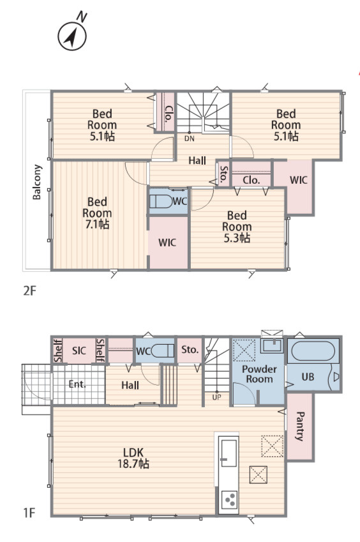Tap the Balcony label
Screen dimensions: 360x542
click(x=37, y=182)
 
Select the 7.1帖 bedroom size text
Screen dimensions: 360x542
click(x=98, y=225)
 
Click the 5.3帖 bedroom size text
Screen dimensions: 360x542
click(x=237, y=238)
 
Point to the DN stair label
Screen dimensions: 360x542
click(x=190, y=139)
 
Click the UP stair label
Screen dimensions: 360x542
click(x=216, y=398)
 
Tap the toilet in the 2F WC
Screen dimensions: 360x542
click(x=161, y=201)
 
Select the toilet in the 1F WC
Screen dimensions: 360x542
click(x=163, y=351)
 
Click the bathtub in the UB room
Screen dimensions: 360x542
click(x=313, y=351)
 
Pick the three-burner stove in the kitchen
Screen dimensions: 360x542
click(x=229, y=500)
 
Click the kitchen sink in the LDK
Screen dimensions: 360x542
click(x=229, y=453)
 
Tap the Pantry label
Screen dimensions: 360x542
click(x=299, y=426)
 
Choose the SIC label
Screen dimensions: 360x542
click(x=79, y=351)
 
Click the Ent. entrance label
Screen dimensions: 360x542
click(x=77, y=384)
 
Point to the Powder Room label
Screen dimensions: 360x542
click(x=259, y=374)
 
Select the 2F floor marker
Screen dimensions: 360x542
click(x=29, y=291)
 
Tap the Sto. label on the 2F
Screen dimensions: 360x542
click(x=224, y=174)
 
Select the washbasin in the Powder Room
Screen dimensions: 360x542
click(x=273, y=345)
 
